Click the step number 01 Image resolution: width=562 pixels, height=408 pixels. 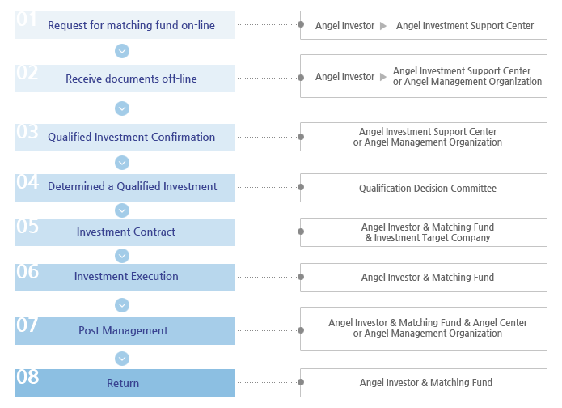point(27,19)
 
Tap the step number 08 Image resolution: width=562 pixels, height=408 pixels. point(27,376)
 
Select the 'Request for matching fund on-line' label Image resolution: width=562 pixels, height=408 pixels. point(131,25)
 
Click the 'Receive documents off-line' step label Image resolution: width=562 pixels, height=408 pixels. point(131,79)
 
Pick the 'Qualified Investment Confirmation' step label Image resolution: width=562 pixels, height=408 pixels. point(131,137)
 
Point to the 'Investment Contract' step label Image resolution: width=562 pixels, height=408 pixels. point(126,232)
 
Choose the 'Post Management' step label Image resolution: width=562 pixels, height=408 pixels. point(123,330)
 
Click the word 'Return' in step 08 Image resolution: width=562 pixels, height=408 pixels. point(123,383)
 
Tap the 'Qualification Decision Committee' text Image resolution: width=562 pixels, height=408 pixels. point(428,188)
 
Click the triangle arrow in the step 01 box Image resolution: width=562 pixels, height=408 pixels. point(383,26)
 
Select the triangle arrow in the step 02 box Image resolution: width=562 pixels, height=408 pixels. point(383,77)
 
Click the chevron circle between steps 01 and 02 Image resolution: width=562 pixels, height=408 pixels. point(122,51)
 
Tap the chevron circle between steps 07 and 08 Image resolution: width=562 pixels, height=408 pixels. point(122,359)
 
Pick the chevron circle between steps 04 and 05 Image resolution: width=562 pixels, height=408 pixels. point(122,210)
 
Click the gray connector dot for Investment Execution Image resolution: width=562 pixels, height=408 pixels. point(301,277)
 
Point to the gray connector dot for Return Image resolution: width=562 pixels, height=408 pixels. point(301,382)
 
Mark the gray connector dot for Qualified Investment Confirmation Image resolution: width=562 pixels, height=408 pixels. point(301,137)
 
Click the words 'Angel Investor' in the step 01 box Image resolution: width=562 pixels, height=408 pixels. point(344,26)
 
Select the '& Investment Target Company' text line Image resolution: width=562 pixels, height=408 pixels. point(428,237)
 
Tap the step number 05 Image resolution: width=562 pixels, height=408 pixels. point(27,227)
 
